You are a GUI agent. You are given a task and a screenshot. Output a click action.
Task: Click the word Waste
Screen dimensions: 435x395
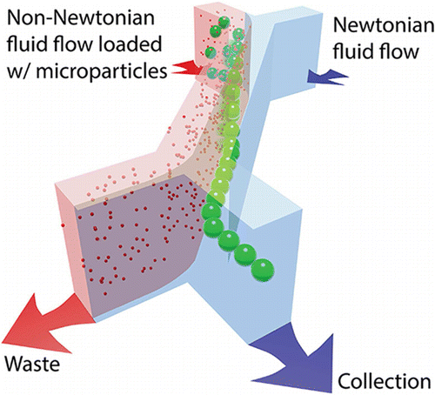tap(32, 363)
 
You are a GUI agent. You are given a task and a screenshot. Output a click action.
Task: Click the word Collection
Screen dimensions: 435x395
tap(384, 381)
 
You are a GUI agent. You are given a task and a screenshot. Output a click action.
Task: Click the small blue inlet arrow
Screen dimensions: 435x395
tap(327, 77)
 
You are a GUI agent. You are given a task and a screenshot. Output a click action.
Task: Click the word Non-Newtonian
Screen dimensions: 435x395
tap(81, 18)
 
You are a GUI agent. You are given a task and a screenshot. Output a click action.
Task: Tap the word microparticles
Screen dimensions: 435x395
tap(102, 70)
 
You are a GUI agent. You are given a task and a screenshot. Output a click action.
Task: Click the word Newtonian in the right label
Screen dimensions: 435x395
tap(384, 25)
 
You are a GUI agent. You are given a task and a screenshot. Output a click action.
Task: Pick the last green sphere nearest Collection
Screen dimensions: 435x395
tap(263, 271)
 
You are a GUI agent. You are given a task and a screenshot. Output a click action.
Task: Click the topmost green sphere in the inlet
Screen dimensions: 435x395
tap(224, 22)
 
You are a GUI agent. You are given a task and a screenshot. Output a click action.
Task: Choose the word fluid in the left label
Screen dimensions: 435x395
tap(24, 44)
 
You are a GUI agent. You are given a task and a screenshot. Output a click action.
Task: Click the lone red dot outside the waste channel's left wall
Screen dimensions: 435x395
tap(63, 224)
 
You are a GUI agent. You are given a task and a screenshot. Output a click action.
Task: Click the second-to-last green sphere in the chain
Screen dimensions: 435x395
tap(245, 255)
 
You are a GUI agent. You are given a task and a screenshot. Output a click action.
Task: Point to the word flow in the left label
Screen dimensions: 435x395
tap(69, 44)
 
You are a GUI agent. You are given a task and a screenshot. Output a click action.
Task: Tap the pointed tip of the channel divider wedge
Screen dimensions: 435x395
tap(229, 260)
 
